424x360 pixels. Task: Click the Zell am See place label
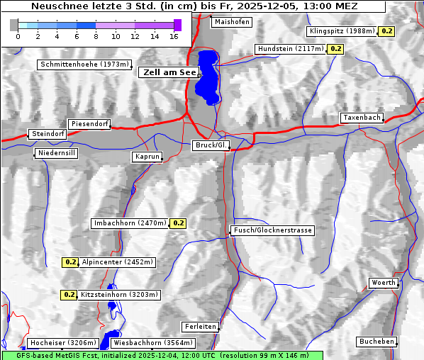click(169, 72)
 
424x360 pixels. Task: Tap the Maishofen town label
click(231, 22)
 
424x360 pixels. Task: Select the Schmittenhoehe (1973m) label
click(84, 64)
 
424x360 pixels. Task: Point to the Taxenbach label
click(362, 118)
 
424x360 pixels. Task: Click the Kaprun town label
click(147, 157)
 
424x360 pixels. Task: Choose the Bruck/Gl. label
click(211, 145)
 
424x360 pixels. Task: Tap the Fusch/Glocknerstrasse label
click(272, 230)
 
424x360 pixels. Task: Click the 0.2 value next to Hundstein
click(335, 49)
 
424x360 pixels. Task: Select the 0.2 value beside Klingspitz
click(386, 31)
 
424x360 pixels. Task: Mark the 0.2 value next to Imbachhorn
click(178, 223)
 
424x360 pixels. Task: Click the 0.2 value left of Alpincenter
click(70, 261)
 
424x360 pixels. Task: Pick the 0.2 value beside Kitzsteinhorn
click(69, 294)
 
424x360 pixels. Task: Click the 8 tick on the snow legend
click(96, 35)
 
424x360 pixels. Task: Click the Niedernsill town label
click(57, 153)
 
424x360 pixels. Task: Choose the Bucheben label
click(376, 342)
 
